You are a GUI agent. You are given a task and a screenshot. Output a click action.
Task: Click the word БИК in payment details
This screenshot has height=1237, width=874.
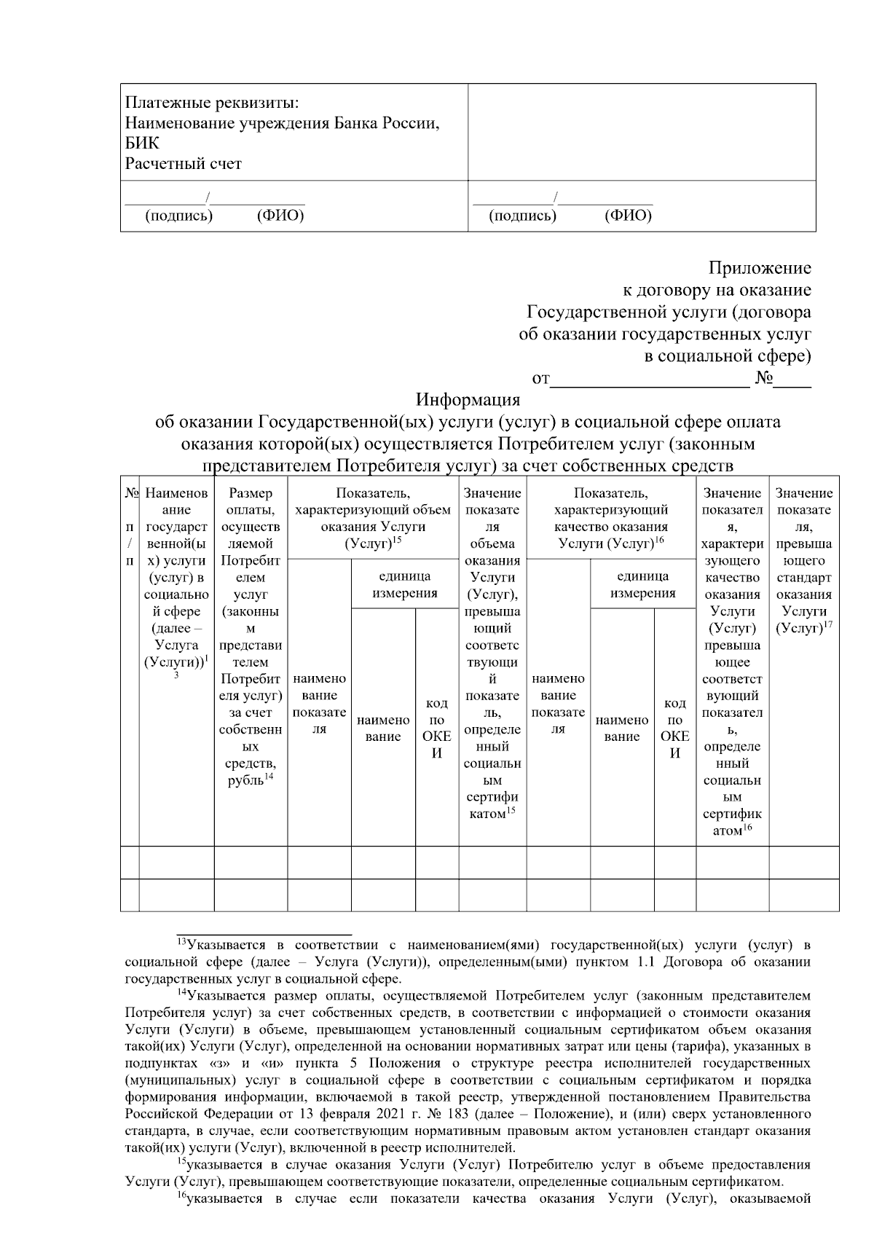click(141, 144)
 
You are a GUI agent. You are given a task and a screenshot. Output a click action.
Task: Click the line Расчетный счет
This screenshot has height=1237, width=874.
click(183, 164)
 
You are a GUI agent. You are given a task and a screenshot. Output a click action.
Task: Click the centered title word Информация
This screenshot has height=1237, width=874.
click(468, 400)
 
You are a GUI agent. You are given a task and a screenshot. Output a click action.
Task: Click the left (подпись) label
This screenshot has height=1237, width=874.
click(179, 216)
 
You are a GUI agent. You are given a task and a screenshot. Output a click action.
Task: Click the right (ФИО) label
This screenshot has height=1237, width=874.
click(628, 216)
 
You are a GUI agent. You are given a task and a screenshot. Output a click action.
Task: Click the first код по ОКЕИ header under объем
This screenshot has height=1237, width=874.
click(436, 728)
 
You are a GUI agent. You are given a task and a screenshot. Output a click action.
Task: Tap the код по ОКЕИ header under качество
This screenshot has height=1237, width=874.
click(674, 728)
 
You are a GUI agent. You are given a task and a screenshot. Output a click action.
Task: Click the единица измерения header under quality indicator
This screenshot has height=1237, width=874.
click(642, 584)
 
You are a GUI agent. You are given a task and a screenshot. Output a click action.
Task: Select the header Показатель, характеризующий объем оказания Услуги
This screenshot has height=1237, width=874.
click(373, 518)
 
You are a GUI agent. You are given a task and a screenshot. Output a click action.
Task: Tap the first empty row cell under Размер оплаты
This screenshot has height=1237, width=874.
click(251, 863)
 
